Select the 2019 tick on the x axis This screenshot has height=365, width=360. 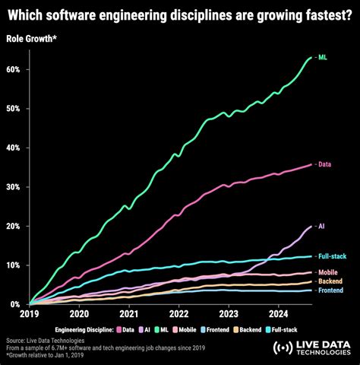pyautogui.click(x=30, y=313)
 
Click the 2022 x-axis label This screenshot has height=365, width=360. pyautogui.click(x=178, y=313)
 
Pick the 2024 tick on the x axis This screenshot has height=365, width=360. pyautogui.click(x=278, y=313)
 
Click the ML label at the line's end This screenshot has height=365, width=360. pyautogui.click(x=323, y=57)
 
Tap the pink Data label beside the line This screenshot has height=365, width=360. pyautogui.click(x=325, y=164)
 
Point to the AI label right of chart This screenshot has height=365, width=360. pyautogui.click(x=322, y=226)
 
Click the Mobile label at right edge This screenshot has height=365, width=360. pyautogui.click(x=328, y=272)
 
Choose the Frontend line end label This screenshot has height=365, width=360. pyautogui.click(x=330, y=290)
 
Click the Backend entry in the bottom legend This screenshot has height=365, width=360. pyautogui.click(x=244, y=330)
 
